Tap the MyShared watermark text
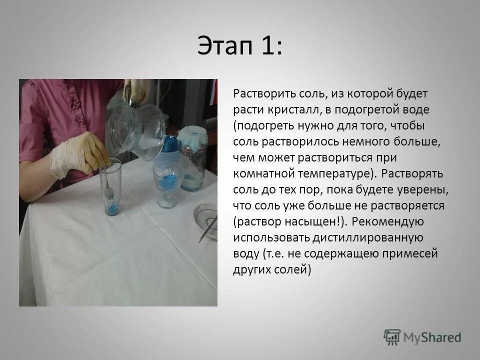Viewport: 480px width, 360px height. tap(432, 337)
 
